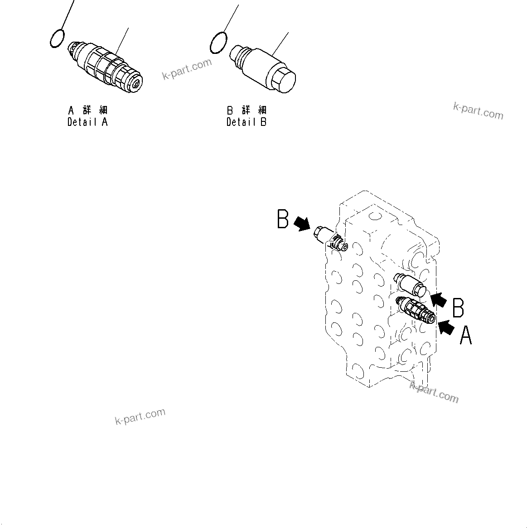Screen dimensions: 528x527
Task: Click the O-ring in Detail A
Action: click(57, 38)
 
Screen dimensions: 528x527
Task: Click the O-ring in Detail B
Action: click(218, 43)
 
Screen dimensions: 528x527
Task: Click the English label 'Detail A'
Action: click(87, 122)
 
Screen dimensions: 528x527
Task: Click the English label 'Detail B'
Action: click(247, 122)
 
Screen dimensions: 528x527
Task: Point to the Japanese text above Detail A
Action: click(87, 110)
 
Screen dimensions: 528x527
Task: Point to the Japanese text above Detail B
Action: click(247, 110)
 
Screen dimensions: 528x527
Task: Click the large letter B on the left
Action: click(283, 220)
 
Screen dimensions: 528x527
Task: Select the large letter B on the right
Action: click(458, 307)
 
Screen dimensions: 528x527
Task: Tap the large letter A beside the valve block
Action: click(466, 336)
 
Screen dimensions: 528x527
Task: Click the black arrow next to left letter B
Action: click(302, 223)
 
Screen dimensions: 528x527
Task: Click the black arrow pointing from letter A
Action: click(447, 327)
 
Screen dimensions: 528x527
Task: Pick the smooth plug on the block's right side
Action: click(411, 285)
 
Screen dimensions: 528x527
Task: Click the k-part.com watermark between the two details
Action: click(187, 69)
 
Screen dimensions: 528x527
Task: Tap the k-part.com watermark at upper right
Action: click(478, 110)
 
